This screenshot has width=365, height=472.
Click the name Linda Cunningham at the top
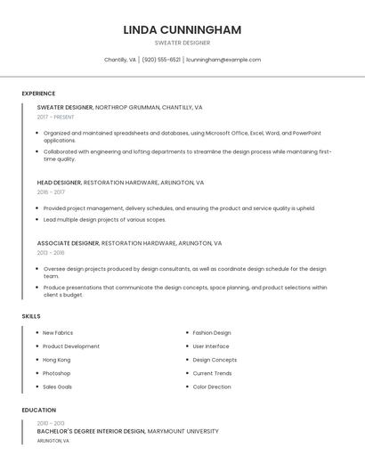[x=182, y=29]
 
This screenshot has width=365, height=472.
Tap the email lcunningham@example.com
[x=223, y=60]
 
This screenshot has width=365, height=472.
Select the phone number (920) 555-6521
[x=161, y=60]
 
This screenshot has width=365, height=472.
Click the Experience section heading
[x=38, y=94]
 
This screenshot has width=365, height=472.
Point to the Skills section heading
[x=31, y=316]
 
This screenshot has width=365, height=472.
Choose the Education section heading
[x=39, y=411]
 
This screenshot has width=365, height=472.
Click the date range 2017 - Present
[x=56, y=117]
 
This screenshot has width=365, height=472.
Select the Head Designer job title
[x=59, y=183]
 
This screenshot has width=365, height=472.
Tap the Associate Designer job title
[x=68, y=243]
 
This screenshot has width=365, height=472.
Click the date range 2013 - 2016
[x=51, y=253]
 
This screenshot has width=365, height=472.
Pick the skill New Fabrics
[x=58, y=333]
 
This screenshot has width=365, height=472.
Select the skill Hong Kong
[x=56, y=360]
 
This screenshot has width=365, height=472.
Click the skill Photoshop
[x=56, y=373]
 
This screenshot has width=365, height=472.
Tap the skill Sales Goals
[x=58, y=387]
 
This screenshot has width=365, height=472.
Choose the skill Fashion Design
[x=212, y=333]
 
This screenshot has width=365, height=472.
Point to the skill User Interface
[x=211, y=346]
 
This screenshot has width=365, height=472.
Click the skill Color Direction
[x=212, y=387]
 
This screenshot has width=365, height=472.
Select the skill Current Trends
[x=212, y=373]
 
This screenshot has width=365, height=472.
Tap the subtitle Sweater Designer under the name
[x=182, y=43]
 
